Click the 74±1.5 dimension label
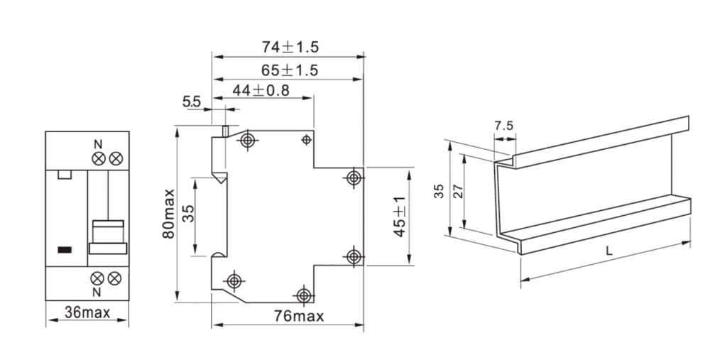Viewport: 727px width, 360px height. (x=290, y=47)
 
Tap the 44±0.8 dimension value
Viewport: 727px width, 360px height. (x=261, y=91)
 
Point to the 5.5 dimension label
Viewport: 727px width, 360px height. (x=191, y=102)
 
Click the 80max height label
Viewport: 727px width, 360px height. (x=168, y=213)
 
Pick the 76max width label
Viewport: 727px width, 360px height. (x=298, y=317)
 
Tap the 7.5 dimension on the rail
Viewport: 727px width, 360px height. (x=503, y=126)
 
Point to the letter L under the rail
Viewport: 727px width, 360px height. (x=609, y=250)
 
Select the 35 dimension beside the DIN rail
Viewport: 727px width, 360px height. (x=439, y=190)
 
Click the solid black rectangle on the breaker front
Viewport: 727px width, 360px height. (x=65, y=249)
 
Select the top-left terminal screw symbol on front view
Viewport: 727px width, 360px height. (x=98, y=158)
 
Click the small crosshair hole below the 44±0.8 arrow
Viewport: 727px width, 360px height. (x=306, y=139)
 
